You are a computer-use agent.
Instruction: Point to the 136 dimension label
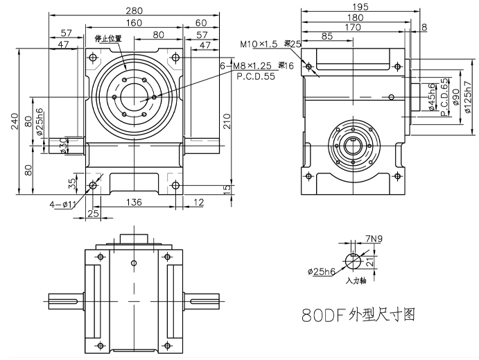tap(135, 202)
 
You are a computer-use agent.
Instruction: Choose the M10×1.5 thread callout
tap(259, 44)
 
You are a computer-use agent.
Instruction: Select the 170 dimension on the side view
tap(353, 28)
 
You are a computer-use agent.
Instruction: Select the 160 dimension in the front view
tap(134, 22)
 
